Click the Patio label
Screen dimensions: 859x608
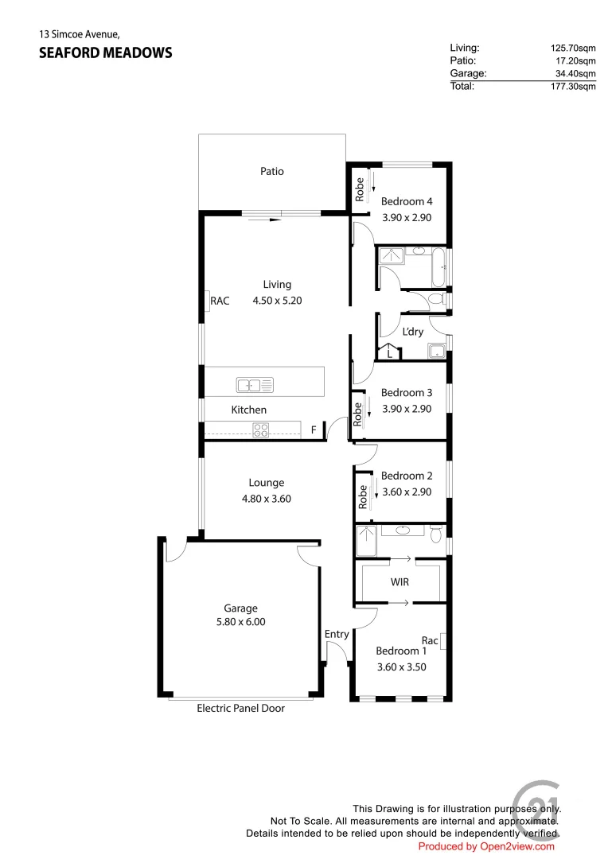[x=272, y=171]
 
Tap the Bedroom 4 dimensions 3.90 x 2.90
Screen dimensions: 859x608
[x=407, y=217]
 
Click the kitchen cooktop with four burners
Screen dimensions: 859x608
[x=261, y=430]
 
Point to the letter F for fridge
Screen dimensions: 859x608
[x=314, y=430]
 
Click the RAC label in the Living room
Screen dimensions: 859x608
[x=220, y=301]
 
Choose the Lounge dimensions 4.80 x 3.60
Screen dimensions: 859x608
[x=266, y=499]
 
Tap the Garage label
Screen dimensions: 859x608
[x=240, y=608]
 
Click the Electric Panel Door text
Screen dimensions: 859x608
[x=240, y=708]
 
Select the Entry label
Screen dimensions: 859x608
[x=337, y=634]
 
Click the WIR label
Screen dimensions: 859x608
[x=399, y=582]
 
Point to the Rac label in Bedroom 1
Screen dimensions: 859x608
[x=430, y=640]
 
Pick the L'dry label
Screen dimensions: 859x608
[x=413, y=332]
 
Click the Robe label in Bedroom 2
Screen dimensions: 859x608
[x=363, y=497]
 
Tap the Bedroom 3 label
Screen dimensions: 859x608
[x=407, y=392]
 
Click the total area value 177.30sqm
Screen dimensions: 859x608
[x=573, y=87]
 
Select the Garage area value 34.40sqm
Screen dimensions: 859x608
[x=575, y=73]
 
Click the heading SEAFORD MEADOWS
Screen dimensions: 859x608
[x=105, y=53]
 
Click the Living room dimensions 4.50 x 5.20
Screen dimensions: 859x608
[x=277, y=301]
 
